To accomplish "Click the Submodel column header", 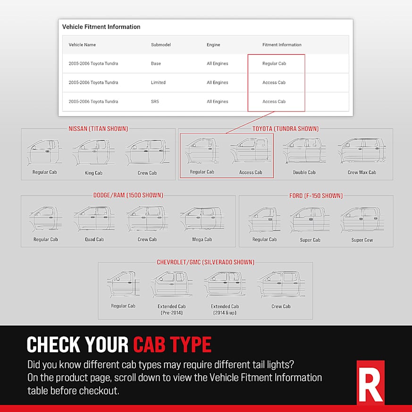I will click(160, 45).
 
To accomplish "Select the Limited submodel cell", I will click(158, 83).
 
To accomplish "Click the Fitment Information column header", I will click(282, 45).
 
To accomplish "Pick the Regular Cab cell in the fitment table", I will click(274, 63).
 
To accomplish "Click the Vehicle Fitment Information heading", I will click(101, 27).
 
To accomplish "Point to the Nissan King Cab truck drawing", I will click(93, 152).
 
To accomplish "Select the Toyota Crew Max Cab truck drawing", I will click(362, 151).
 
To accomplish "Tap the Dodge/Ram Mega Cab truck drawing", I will click(202, 219).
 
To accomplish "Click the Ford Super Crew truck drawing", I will click(362, 219).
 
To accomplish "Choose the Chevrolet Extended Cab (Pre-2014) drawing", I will click(171, 284).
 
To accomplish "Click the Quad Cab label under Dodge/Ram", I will click(94, 239).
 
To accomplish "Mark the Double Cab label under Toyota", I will click(304, 172).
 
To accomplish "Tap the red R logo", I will click(370, 382).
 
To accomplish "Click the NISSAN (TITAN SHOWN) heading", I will click(98, 128).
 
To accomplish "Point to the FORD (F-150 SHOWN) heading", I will click(316, 195).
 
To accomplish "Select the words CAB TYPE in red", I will click(172, 345).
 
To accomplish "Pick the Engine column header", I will click(213, 45).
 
